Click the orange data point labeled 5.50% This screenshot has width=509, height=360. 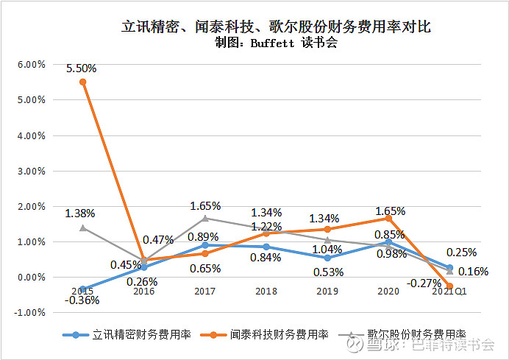pyautogui.click(x=83, y=82)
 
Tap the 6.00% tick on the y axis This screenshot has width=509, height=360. pyautogui.click(x=31, y=64)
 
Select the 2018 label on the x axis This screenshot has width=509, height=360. pyautogui.click(x=266, y=292)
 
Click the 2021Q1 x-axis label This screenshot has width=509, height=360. pyautogui.click(x=450, y=292)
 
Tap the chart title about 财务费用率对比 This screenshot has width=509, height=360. pyautogui.click(x=275, y=27)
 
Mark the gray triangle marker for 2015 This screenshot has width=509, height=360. pyautogui.click(x=83, y=227)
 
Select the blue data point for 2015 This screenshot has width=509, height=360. pyautogui.click(x=83, y=289)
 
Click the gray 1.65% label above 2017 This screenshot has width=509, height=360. pyautogui.click(x=205, y=206)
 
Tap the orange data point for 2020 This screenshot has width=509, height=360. pyautogui.click(x=388, y=219)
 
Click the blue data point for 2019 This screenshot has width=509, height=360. pyautogui.click(x=327, y=258)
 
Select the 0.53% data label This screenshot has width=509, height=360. pyautogui.click(x=327, y=272)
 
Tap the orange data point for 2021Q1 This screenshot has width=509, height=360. pyautogui.click(x=450, y=286)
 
